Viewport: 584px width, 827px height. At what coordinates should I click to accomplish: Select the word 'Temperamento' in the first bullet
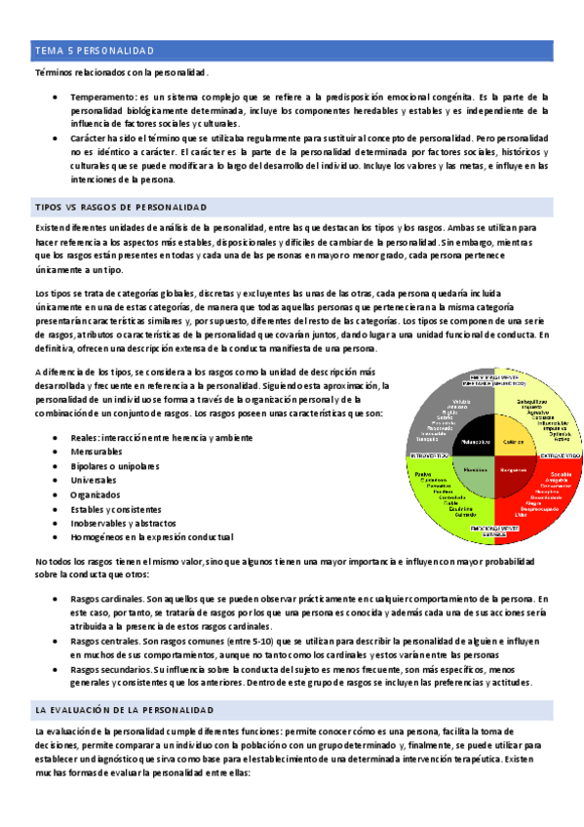(x=101, y=98)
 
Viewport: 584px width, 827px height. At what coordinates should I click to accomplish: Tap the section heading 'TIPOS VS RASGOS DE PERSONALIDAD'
(x=121, y=208)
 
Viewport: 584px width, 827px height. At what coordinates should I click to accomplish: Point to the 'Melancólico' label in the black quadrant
(x=472, y=441)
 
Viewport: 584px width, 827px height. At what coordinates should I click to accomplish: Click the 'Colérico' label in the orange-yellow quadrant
(x=513, y=442)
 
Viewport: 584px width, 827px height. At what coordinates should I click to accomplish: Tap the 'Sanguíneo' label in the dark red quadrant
(x=514, y=469)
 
